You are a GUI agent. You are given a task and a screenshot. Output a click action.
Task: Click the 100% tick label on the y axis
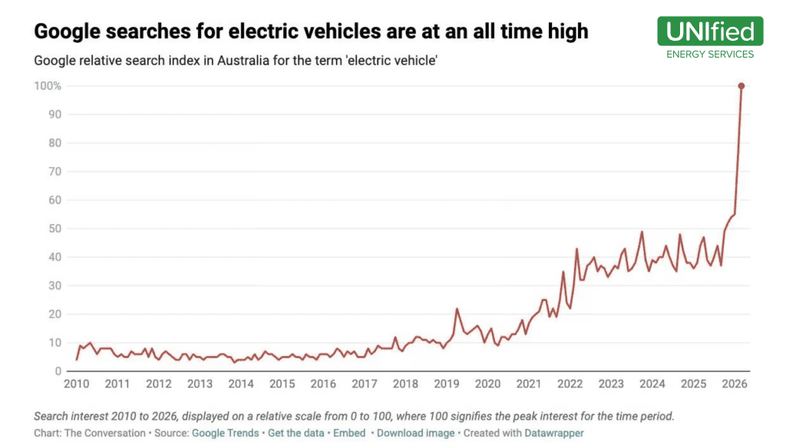(x=47, y=86)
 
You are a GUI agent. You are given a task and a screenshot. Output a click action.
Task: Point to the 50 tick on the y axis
(x=54, y=229)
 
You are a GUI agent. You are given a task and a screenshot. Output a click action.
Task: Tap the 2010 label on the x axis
(x=76, y=384)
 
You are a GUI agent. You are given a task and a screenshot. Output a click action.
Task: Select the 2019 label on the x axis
(x=447, y=384)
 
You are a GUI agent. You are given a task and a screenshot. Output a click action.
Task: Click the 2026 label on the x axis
(x=735, y=384)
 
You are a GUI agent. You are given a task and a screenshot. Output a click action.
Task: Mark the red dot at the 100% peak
(x=741, y=86)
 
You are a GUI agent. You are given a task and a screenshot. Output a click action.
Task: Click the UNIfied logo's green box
(x=710, y=31)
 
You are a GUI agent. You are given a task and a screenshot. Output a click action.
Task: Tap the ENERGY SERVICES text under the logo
(x=710, y=54)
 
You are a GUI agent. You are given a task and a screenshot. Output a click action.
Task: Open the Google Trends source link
(x=225, y=433)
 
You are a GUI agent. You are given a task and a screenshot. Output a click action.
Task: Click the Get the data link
(x=296, y=433)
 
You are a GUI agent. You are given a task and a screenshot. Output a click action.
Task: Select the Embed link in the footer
(x=349, y=433)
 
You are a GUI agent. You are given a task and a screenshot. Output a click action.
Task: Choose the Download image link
(x=416, y=433)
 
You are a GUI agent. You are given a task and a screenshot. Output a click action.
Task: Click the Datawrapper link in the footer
(x=553, y=433)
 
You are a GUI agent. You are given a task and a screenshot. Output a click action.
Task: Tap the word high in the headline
(x=566, y=31)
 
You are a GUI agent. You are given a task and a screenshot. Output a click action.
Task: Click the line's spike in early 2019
(x=457, y=309)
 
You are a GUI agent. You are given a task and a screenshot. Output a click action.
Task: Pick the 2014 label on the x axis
(x=241, y=384)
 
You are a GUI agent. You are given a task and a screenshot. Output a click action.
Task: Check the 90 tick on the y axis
(x=54, y=114)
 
